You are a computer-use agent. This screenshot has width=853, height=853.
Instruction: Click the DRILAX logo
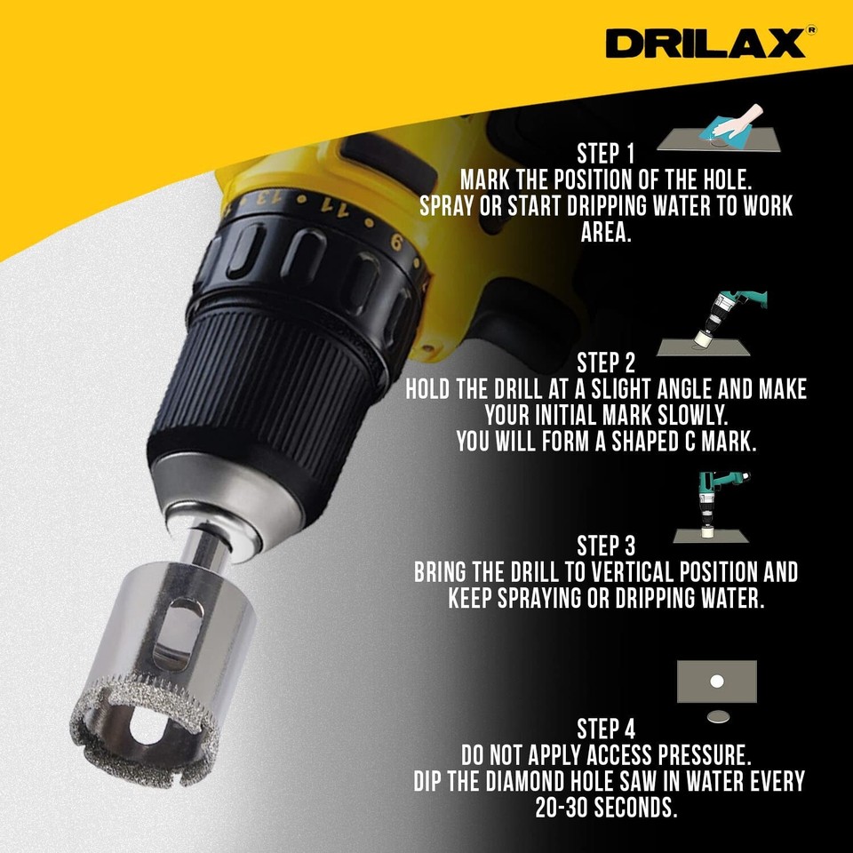(706, 43)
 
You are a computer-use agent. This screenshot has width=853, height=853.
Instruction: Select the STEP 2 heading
(606, 363)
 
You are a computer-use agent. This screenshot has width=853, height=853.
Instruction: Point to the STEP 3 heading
(606, 546)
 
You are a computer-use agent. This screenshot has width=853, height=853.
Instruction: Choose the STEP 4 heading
(606, 730)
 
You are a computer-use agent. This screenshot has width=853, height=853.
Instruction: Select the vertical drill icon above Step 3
(716, 506)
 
